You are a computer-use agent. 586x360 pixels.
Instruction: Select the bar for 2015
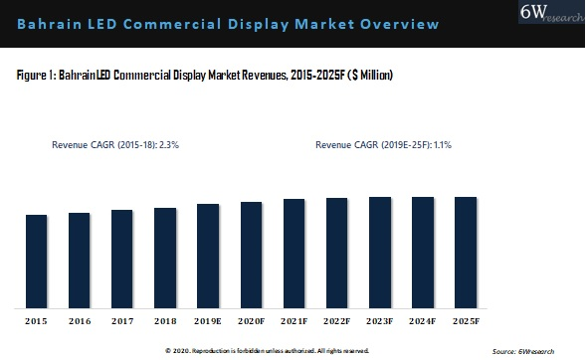pos(36,260)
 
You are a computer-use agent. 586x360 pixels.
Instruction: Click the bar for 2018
pos(165,257)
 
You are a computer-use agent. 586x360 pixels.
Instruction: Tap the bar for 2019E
pos(208,255)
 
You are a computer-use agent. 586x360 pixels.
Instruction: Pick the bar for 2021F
pos(293,252)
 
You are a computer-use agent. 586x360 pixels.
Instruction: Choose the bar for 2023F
pos(379,251)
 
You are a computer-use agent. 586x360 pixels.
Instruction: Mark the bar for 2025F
pos(466,251)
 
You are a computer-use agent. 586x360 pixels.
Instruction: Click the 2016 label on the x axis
pos(79,321)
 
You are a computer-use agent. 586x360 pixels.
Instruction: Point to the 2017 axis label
pos(122,321)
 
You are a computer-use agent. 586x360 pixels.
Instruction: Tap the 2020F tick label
pos(251,321)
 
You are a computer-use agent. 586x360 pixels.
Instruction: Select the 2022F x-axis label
pos(336,321)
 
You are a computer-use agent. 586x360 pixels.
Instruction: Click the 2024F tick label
pos(423,321)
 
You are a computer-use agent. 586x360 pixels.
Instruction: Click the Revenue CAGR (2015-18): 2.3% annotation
pos(114,144)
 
